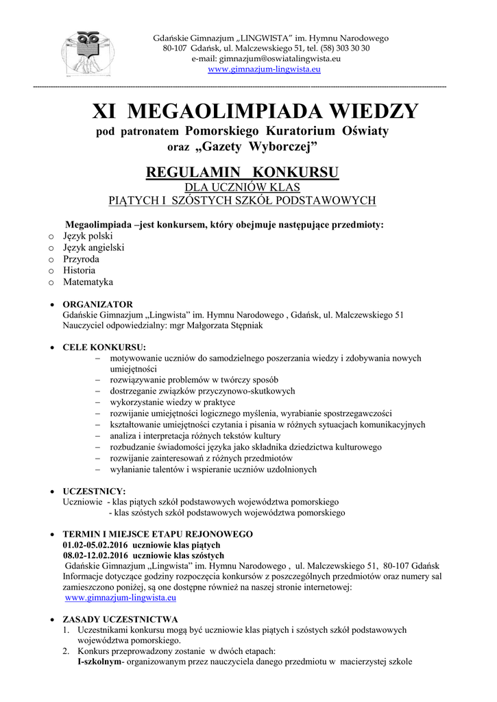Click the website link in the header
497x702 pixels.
point(264,69)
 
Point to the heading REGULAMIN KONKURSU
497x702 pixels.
point(243,171)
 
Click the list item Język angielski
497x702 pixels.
point(93,247)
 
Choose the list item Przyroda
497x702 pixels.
point(81,259)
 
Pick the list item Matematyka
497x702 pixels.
point(88,282)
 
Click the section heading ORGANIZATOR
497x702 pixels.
point(97,304)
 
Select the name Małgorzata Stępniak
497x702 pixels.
point(226,326)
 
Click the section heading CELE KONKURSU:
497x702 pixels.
point(104,348)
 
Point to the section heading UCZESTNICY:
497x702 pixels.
point(94,492)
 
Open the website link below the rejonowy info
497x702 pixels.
point(112,598)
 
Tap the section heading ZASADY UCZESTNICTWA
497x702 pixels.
point(120,619)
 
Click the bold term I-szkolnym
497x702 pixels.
point(99,662)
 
